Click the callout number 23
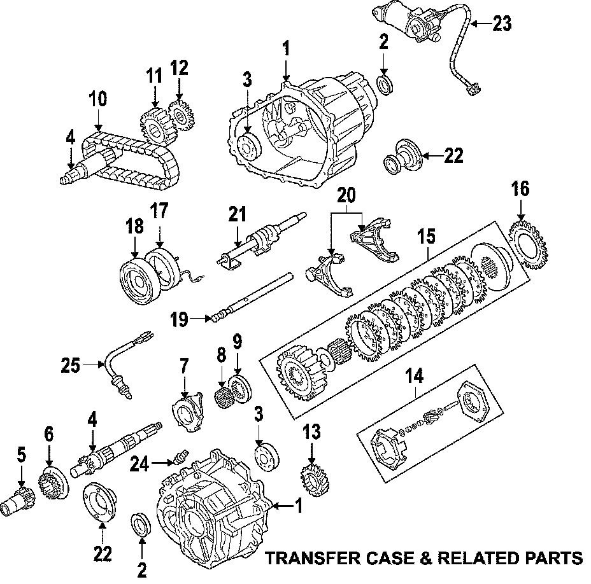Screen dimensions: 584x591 pyautogui.click(x=501, y=24)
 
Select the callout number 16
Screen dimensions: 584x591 pyautogui.click(x=520, y=190)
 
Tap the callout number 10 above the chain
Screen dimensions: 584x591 pyautogui.click(x=98, y=99)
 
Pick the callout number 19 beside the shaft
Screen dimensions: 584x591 pyautogui.click(x=178, y=319)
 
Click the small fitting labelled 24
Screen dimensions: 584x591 pyautogui.click(x=180, y=456)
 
